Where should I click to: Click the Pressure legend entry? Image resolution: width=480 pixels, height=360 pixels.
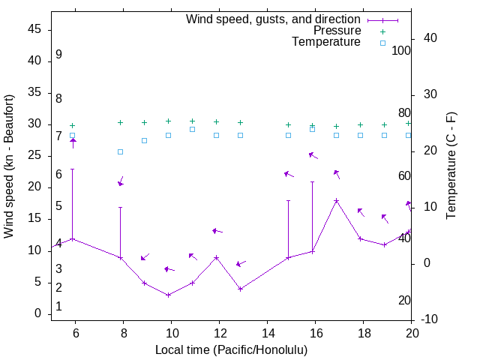pos(337,31)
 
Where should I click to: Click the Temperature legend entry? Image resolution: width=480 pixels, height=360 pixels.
pos(326,42)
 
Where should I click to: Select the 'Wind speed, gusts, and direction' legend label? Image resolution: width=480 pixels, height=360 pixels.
pos(273,19)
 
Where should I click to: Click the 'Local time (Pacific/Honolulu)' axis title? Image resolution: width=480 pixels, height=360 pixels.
pos(231,349)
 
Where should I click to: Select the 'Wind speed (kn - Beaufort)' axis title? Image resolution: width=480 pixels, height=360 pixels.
pos(9,166)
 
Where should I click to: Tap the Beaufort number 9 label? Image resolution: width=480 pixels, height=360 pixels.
pos(58,55)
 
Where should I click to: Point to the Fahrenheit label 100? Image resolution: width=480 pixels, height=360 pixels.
pos(402,50)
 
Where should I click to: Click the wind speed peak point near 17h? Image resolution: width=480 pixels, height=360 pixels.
pos(336,200)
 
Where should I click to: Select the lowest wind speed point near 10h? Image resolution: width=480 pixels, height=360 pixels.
pos(168,295)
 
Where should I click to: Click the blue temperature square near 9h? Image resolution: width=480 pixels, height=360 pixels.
pos(144,140)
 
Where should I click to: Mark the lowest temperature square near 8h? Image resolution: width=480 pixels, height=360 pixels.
pos(120,151)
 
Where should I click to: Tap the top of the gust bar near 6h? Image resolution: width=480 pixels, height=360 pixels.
pos(72,169)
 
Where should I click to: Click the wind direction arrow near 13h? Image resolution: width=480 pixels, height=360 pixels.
pos(240,263)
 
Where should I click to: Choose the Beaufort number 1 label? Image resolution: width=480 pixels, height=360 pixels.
pos(58,307)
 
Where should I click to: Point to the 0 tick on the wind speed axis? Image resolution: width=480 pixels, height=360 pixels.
pos(39,313)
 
